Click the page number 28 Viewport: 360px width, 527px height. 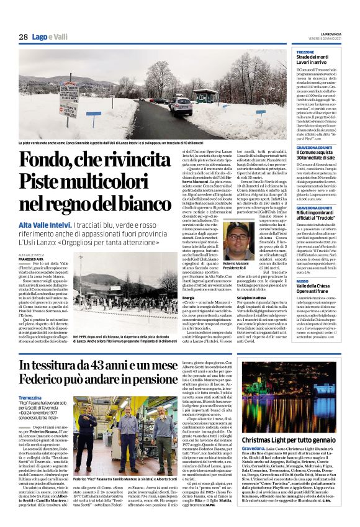(23, 37)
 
